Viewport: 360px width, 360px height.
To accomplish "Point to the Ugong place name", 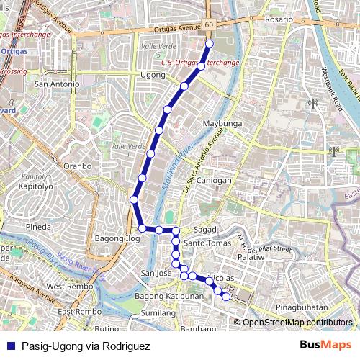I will coord(153,74).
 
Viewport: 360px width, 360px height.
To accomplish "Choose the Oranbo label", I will coord(78,166).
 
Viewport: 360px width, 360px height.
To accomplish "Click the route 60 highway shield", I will coord(209,25).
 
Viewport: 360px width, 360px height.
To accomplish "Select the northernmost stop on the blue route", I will coord(210,44).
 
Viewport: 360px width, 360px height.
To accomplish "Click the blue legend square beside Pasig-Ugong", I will coord(10,346).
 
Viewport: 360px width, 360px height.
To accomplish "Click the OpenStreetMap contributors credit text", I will coord(297,323).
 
